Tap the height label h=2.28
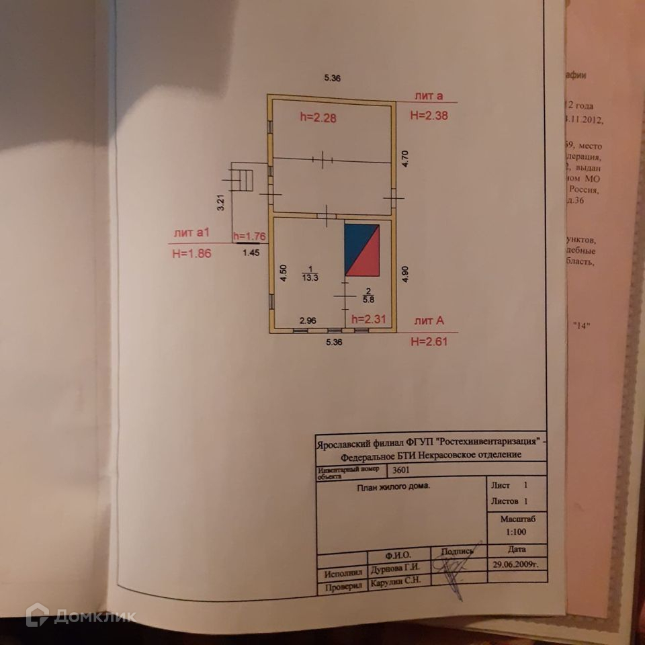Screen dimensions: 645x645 [x=318, y=118]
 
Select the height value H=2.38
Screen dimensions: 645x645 [x=429, y=115]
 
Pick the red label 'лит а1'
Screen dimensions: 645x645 [x=193, y=232]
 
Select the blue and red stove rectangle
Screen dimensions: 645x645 [x=362, y=250]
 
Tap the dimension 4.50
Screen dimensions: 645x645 [x=283, y=272]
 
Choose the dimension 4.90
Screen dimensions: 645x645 [x=404, y=273]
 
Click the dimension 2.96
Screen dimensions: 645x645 [x=307, y=320]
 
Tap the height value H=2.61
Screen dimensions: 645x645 [x=429, y=341]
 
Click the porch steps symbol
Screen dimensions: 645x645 [x=243, y=180]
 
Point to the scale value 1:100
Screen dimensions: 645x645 [x=517, y=531]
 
